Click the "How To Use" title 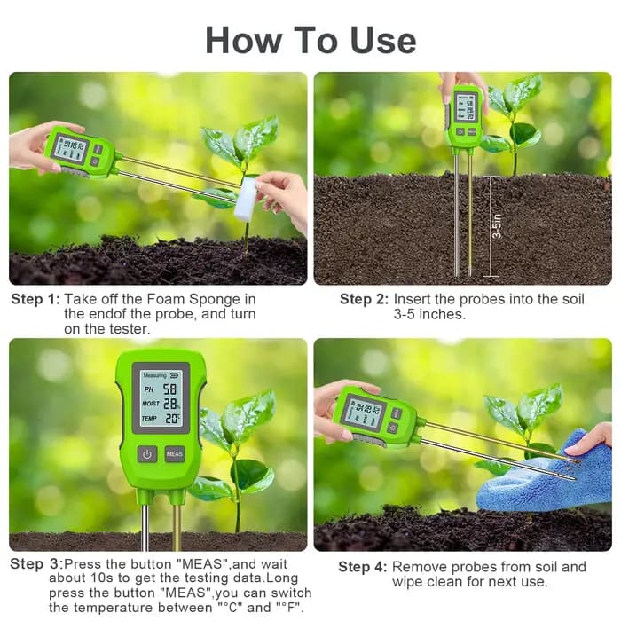click(310, 40)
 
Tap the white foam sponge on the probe click(245, 198)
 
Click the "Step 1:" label click(35, 299)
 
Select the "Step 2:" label click(364, 299)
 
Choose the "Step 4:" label click(362, 567)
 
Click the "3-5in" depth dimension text click(497, 225)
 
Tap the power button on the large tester click(147, 454)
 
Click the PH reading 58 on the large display click(170, 389)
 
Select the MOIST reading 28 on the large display click(170, 404)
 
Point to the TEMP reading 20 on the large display click(171, 418)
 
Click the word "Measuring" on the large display click(154, 375)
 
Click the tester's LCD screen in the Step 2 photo click(465, 106)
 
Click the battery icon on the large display click(174, 374)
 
